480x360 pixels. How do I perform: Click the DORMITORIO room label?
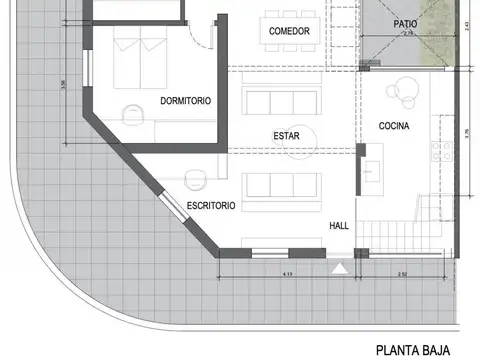tap(185, 100)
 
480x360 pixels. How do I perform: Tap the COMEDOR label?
tap(289, 32)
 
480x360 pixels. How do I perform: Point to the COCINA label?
tap(395, 126)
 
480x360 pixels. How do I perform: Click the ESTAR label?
tap(287, 135)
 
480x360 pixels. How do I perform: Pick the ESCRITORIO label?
tap(211, 205)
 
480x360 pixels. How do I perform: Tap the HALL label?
tap(339, 226)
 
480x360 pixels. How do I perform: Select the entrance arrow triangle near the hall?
tap(342, 267)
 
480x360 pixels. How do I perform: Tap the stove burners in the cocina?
tap(440, 150)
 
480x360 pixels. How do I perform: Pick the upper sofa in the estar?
tap(281, 101)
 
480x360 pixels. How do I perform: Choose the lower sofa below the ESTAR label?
tap(281, 184)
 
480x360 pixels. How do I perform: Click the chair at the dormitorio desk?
tap(130, 112)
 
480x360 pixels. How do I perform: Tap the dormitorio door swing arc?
tap(203, 36)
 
